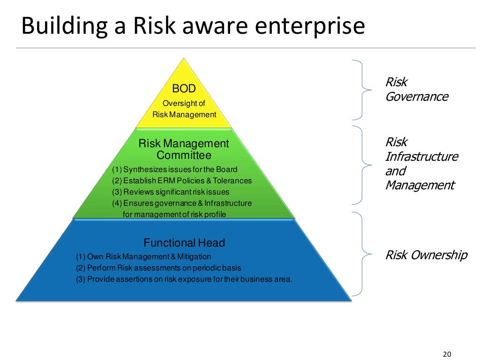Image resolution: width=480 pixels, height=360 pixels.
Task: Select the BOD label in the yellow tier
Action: tap(184, 88)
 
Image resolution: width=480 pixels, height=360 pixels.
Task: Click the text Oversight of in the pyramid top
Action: tap(184, 104)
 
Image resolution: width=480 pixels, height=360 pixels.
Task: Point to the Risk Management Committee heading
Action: tap(184, 149)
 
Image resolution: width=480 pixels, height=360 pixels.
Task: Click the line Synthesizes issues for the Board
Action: tap(174, 169)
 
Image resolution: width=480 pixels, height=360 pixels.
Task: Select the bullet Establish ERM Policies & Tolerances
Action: tap(181, 180)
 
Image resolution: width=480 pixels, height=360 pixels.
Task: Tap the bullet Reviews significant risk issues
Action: tap(171, 192)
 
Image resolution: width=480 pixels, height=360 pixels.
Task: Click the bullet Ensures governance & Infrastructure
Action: tap(181, 203)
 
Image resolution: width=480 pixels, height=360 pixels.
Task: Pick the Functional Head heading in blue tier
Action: tap(184, 243)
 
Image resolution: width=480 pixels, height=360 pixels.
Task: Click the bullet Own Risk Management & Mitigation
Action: tap(143, 256)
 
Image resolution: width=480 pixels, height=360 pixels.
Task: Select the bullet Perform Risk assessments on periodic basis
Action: tap(158, 268)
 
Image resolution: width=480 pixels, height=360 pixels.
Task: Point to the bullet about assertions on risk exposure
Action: tap(184, 279)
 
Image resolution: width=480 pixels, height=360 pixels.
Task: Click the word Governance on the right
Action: tap(416, 97)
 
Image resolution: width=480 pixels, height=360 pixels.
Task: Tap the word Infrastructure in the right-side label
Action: tap(421, 157)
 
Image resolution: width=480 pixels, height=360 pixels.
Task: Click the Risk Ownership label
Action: tap(426, 255)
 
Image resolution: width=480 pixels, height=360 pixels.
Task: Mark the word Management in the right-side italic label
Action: tap(420, 186)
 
